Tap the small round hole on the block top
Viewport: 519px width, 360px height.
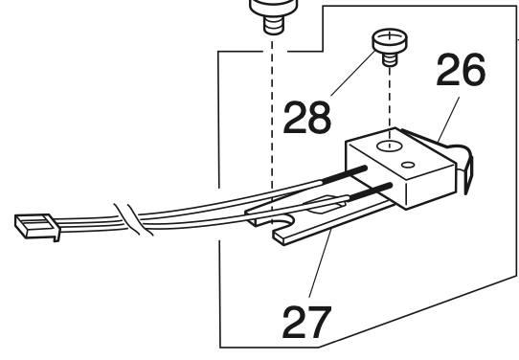tap(410, 166)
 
